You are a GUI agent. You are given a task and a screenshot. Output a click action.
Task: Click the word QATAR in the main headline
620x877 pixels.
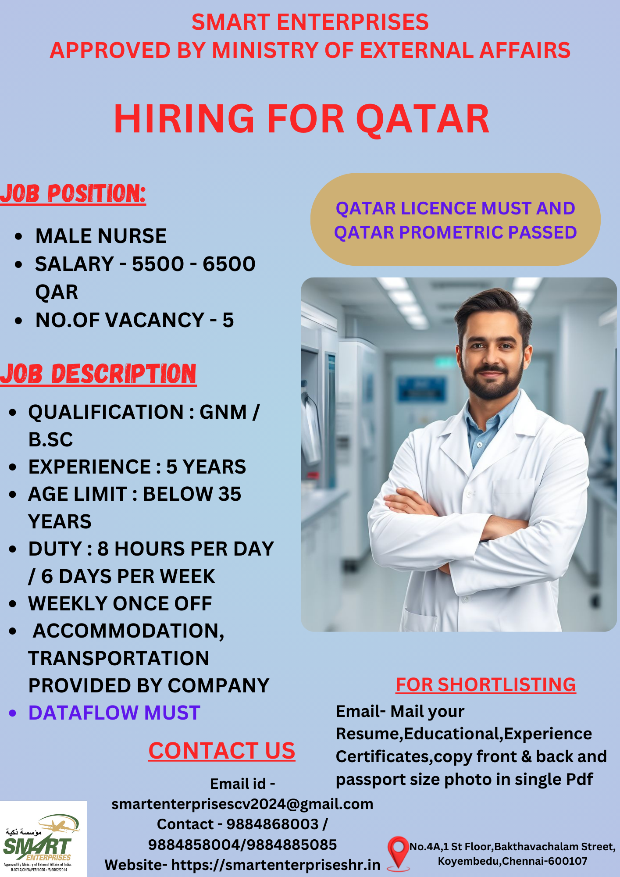point(423,119)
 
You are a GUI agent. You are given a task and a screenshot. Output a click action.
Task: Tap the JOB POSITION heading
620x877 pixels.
point(73,193)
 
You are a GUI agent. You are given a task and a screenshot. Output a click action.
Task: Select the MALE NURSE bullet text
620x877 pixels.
point(101,236)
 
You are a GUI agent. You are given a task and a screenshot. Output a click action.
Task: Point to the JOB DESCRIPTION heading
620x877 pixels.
point(98,374)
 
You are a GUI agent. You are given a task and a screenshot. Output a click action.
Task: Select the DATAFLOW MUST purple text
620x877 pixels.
point(114,713)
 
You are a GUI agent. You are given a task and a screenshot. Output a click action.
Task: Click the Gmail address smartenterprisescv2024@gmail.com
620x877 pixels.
point(242,804)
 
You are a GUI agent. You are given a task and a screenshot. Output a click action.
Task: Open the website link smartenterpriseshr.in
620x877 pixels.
point(276,865)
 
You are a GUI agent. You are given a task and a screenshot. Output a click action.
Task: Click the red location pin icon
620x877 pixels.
point(398,853)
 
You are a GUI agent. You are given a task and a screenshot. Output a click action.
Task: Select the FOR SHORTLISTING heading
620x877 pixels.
point(486,684)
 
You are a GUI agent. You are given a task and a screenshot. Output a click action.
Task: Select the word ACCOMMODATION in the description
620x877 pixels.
point(128,631)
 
